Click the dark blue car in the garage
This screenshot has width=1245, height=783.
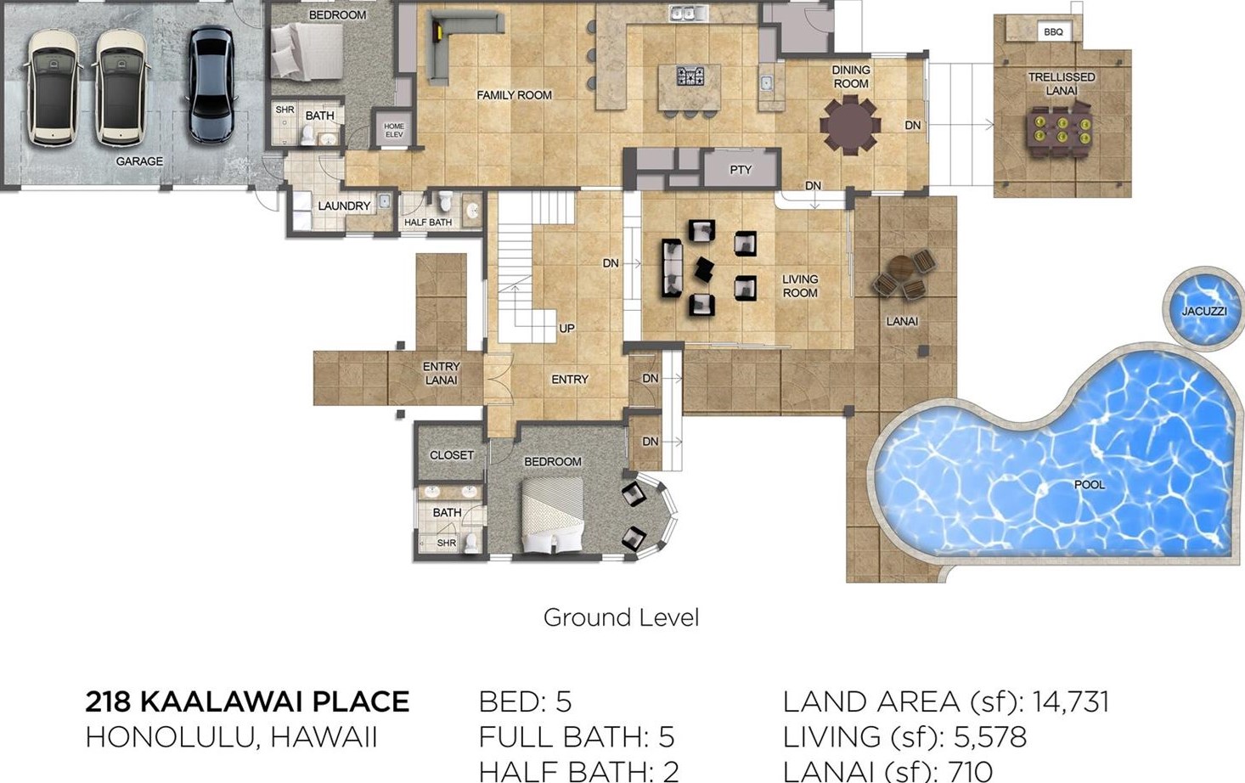coord(211,84)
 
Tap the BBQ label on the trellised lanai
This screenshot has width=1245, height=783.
coord(1053,32)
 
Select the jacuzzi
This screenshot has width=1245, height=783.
coord(1203,309)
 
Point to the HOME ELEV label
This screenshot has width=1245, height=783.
coord(393,130)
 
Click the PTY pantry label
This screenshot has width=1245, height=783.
coord(741,170)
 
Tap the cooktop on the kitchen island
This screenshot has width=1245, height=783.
coord(690,76)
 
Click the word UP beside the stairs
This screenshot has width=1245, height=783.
coord(566,329)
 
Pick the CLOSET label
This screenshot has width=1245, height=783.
coord(451,455)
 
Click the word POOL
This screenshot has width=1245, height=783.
coord(1090,485)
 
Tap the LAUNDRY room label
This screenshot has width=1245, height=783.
coord(343,206)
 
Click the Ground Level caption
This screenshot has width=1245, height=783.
coord(621,617)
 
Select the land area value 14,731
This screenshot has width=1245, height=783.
coord(1070,701)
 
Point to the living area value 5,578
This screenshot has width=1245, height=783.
coord(990,737)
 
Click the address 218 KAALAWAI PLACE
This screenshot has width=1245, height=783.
coord(247,701)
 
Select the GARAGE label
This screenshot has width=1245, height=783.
coord(139,161)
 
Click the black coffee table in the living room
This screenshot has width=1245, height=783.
coord(705,269)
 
